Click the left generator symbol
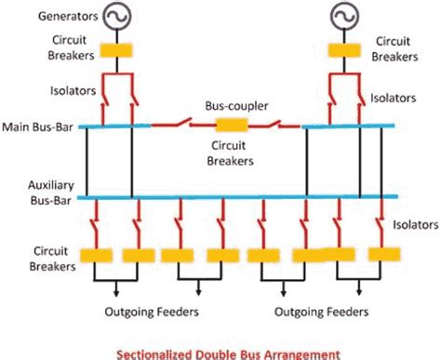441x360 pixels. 118,17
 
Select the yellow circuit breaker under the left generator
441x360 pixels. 118,51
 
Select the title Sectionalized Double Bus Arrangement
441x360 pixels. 220,352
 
